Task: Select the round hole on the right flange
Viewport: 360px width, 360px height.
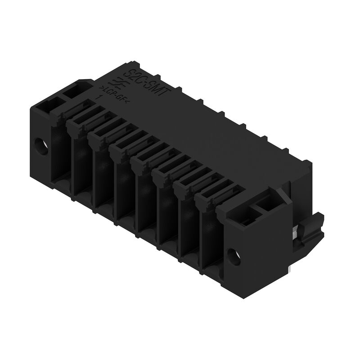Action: [x=234, y=256]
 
